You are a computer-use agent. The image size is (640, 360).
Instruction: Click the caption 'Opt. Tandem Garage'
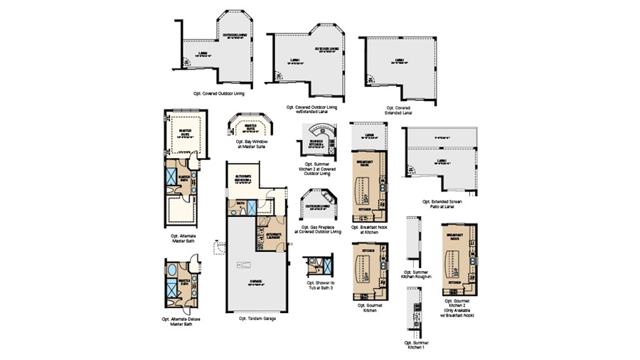pos(257,318)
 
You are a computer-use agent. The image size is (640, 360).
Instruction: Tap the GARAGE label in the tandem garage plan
pos(256,282)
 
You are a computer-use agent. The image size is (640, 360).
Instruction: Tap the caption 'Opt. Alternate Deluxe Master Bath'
pos(181,320)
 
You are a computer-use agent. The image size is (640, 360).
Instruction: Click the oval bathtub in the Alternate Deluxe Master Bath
pos(173,272)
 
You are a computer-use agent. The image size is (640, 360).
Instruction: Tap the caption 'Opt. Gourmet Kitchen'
pos(369,308)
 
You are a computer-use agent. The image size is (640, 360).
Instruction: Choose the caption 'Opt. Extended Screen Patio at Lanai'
pos(441,204)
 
